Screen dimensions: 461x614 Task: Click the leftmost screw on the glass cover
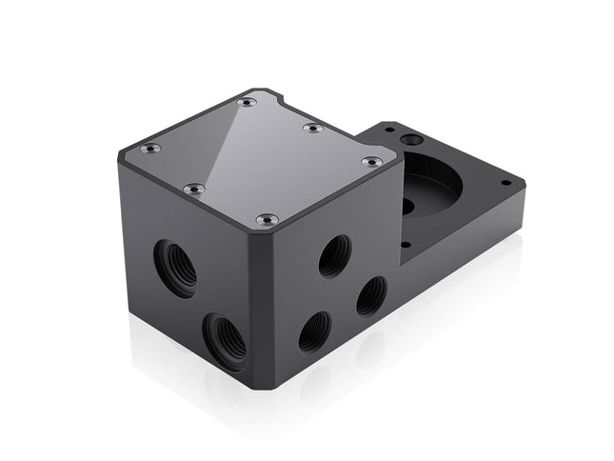pyautogui.click(x=150, y=148)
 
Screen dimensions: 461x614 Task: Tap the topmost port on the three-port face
pyautogui.click(x=334, y=255)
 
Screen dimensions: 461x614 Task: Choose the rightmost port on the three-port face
pyautogui.click(x=371, y=295)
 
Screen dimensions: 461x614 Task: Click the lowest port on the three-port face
pyautogui.click(x=314, y=331)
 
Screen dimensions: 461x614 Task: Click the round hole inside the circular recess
pyautogui.click(x=408, y=205)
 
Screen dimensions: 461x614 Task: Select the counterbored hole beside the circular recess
pyautogui.click(x=411, y=140)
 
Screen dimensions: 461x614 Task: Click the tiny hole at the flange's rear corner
pyautogui.click(x=388, y=127)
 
